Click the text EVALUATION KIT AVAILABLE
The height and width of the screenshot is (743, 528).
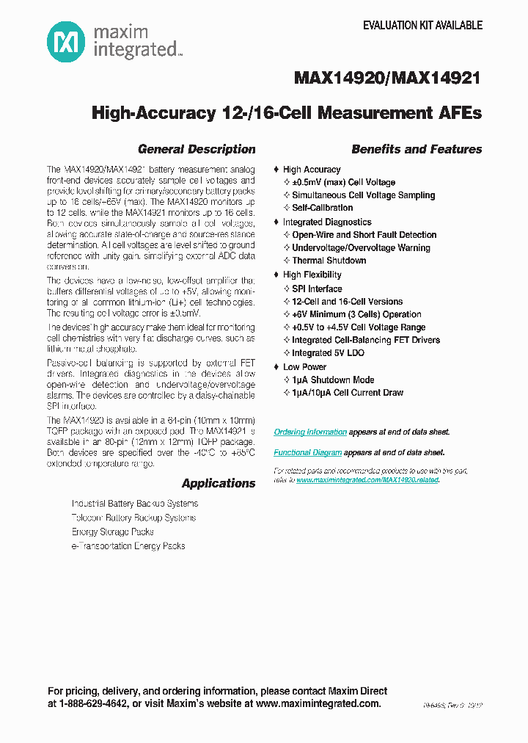(x=422, y=25)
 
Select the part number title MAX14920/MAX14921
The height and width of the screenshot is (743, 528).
(x=387, y=79)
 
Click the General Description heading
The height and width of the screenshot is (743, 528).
(x=197, y=149)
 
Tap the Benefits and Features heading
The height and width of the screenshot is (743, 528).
(x=417, y=149)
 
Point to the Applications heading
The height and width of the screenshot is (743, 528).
(x=219, y=483)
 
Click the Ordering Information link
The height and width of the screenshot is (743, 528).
(x=310, y=432)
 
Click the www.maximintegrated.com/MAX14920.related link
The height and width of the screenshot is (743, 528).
(x=367, y=479)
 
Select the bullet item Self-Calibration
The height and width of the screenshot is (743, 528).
(x=322, y=208)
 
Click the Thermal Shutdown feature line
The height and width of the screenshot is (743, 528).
(x=329, y=261)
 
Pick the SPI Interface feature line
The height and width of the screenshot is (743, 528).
(x=317, y=289)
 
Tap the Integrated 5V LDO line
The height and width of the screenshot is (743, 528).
(x=328, y=353)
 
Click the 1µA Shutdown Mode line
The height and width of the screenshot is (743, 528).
(x=333, y=380)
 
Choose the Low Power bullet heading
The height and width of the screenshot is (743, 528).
(x=304, y=366)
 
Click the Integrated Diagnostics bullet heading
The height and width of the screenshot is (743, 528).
(x=327, y=222)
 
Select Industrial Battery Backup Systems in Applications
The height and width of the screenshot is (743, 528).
(x=134, y=504)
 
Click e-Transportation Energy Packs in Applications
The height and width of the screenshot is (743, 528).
(x=128, y=546)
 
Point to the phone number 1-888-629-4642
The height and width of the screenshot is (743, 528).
(x=98, y=703)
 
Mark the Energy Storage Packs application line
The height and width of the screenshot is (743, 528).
(x=112, y=532)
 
